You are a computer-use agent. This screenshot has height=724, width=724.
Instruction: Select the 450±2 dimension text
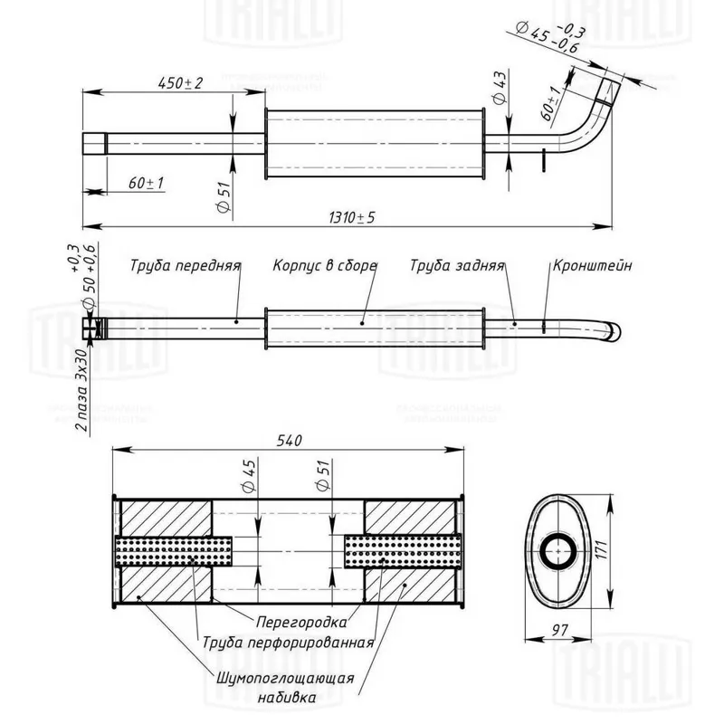click(x=180, y=82)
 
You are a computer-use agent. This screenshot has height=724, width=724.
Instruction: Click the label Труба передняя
click(x=185, y=266)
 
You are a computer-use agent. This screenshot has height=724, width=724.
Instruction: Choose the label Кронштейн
click(x=590, y=266)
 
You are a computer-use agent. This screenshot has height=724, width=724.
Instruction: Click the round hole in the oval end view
click(x=558, y=548)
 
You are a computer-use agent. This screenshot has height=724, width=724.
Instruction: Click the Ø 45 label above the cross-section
click(x=250, y=476)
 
